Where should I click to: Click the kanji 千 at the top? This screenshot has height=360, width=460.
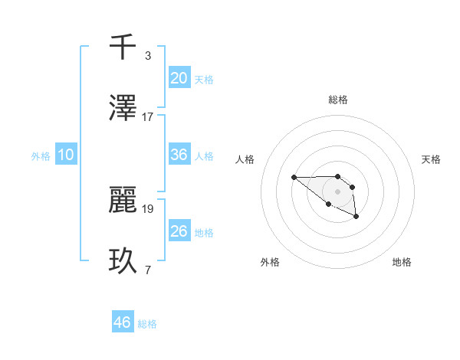[x=123, y=47]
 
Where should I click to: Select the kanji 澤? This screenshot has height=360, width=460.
[x=123, y=108]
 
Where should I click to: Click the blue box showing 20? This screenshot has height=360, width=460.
[x=179, y=77]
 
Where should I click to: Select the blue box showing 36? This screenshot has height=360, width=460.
[x=179, y=155]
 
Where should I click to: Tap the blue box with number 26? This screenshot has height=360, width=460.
[x=179, y=231]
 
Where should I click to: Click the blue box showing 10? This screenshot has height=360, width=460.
[x=66, y=155]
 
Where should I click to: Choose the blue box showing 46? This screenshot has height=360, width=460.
[x=123, y=322]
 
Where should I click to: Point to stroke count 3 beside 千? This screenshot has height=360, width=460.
[x=148, y=56]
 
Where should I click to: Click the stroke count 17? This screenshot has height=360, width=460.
[x=148, y=117]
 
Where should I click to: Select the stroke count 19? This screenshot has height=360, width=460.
[x=148, y=208]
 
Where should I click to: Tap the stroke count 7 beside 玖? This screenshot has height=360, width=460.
[x=148, y=270]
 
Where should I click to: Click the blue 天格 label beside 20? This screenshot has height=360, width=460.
[x=204, y=80]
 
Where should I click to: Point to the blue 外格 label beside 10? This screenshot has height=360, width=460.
[x=41, y=156]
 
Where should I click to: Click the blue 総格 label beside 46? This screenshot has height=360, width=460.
[x=147, y=324]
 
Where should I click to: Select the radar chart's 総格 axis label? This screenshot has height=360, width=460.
[x=337, y=100]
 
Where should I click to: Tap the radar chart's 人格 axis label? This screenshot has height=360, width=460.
[x=245, y=159]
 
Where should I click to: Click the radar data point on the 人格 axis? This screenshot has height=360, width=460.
[x=294, y=177]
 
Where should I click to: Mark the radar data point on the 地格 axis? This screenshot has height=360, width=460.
[x=356, y=218]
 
